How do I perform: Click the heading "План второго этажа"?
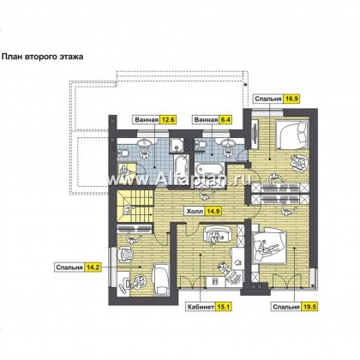pos(43,57)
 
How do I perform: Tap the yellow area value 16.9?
pos(291,99)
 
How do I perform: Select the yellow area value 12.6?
pos(168,119)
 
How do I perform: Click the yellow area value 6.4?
pos(225,119)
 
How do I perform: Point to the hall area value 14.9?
pos(214,212)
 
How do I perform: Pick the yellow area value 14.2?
pos(93,267)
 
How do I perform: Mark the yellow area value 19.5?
pos(309,307)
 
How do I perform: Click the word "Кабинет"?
pos(201,307)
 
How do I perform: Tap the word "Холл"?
pos(195,212)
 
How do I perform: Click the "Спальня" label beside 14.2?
pos(69,267)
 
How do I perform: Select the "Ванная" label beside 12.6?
pos(147,120)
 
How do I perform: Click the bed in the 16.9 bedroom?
pos(292,135)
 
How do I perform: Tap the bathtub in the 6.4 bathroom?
pos(209,170)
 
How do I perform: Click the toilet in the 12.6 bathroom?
pos(123,153)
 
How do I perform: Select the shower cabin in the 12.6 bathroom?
pos(177,144)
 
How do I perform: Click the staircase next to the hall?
pos(135,206)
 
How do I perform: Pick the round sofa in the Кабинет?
pos(216,235)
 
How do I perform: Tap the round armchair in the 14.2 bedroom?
pos(126,254)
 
